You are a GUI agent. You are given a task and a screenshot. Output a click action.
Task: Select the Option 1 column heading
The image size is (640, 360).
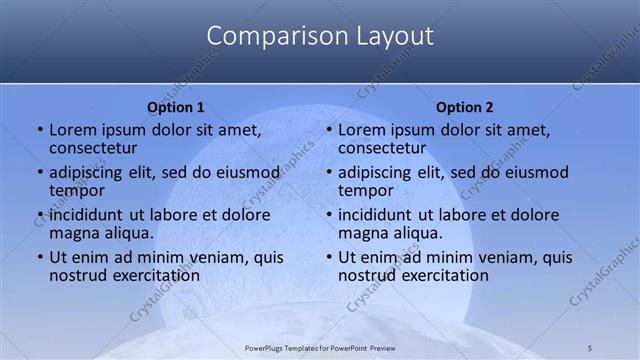click(x=175, y=107)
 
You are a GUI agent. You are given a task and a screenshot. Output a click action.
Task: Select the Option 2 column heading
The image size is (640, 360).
click(x=465, y=107)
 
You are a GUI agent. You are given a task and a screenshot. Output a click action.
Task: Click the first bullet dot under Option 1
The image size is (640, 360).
click(x=40, y=130)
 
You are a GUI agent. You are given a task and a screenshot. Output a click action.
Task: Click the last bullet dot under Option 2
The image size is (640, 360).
click(x=329, y=257)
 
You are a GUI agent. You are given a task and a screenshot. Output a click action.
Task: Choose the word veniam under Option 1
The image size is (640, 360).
click(x=222, y=257)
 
